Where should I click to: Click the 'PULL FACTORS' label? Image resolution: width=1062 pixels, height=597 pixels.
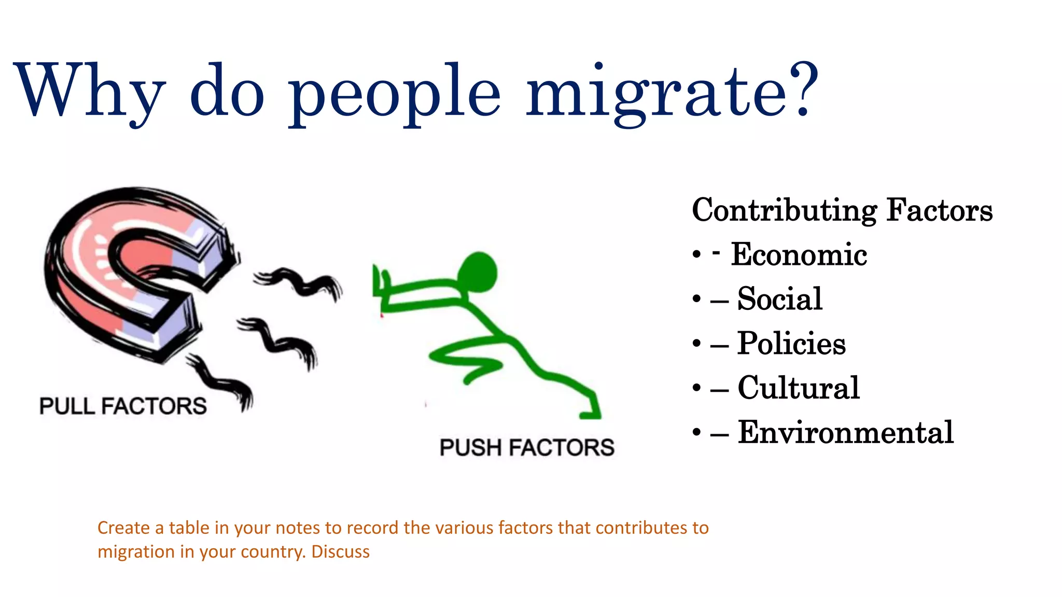coord(123,406)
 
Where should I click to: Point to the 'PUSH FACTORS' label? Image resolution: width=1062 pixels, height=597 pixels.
coord(527,447)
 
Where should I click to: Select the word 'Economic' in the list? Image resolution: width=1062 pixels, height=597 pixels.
coord(799,254)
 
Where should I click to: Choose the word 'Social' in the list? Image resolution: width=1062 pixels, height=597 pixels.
coord(779,299)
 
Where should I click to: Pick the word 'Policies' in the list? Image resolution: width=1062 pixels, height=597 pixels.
coord(791,344)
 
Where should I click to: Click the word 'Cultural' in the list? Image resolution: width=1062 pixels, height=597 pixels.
coord(798,388)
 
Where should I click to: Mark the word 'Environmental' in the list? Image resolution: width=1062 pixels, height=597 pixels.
coord(845,432)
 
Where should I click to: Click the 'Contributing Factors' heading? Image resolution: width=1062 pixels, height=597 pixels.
coord(842,210)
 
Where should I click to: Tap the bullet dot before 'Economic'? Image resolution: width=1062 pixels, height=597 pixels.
coord(696,255)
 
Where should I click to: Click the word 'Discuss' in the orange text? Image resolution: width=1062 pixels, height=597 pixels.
coord(340,551)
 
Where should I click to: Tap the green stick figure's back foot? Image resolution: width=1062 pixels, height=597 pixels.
coord(590,413)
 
